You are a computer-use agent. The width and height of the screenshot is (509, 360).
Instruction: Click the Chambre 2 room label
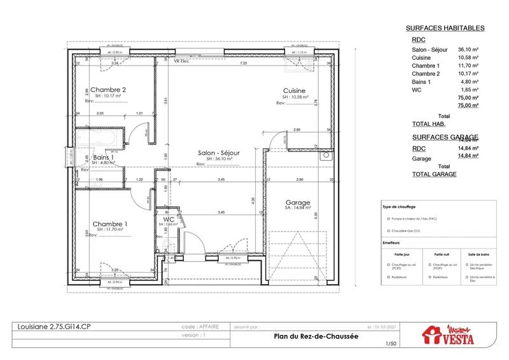(108, 90)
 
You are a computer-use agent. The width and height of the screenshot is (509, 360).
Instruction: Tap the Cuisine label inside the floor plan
(295, 91)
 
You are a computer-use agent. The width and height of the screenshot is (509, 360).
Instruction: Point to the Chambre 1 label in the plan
(110, 224)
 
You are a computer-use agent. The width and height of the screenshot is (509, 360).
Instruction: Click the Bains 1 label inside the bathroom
(104, 157)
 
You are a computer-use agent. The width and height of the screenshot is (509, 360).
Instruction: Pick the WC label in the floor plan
(169, 219)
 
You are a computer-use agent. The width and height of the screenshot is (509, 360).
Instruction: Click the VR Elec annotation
(183, 61)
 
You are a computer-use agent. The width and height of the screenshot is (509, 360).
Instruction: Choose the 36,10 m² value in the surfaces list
(468, 49)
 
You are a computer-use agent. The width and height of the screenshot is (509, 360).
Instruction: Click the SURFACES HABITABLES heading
(445, 28)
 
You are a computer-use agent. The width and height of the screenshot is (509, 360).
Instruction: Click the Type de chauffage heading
(399, 207)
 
